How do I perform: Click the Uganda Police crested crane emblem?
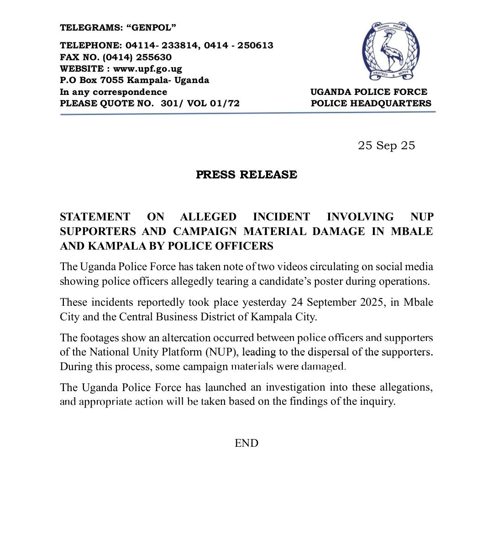pos(391,50)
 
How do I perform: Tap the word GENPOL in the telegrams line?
pos(153,28)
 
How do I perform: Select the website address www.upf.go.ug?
pos(147,69)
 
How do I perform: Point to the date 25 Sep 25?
pos(386,146)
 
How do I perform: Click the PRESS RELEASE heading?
pos(246,175)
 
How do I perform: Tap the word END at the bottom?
pos(246,443)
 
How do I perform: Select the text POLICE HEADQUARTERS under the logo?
pos(371,104)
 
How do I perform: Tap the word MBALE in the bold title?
pos(412,231)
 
